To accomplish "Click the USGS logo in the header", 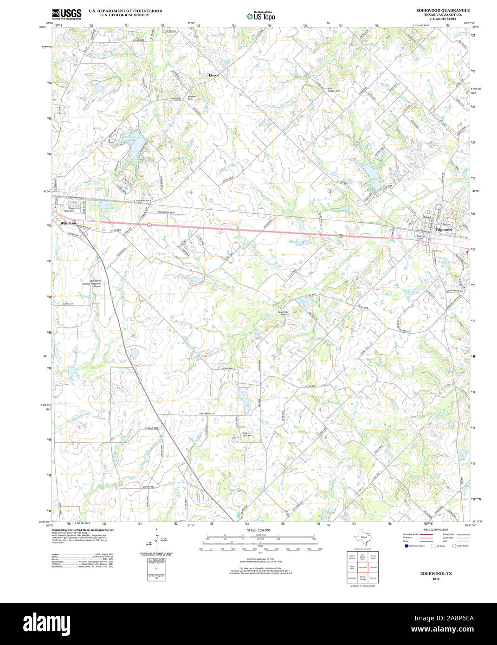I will (67, 14).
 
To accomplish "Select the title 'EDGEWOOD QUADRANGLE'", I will (442, 10).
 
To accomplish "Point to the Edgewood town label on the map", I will (444, 230).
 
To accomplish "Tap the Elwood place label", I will (213, 75).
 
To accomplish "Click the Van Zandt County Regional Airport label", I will (92, 284).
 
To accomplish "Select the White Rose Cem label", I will (71, 210).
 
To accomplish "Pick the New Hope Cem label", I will (283, 313).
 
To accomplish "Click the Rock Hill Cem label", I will (246, 435).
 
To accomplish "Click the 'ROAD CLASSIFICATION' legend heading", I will (436, 529).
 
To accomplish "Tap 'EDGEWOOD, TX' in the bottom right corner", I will (436, 574).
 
